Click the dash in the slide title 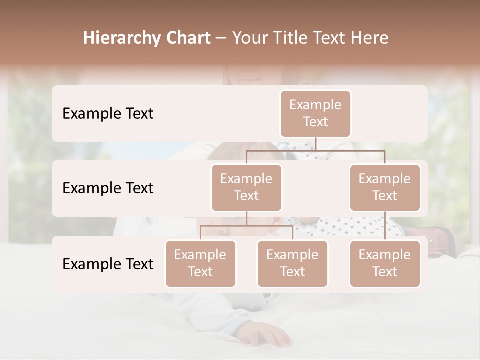[x=221, y=39]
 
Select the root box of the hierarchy [x=315, y=114]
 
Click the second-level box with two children [x=246, y=188]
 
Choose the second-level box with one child [x=385, y=188]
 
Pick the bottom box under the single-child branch [x=385, y=264]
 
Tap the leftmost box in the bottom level [x=200, y=264]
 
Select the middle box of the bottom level [x=292, y=264]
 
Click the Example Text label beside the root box [x=108, y=114]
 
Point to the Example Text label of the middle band [x=108, y=188]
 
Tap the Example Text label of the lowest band [x=108, y=264]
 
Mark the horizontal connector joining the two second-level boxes [x=315, y=150]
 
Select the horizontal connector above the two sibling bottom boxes [x=246, y=226]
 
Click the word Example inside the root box [x=315, y=105]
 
